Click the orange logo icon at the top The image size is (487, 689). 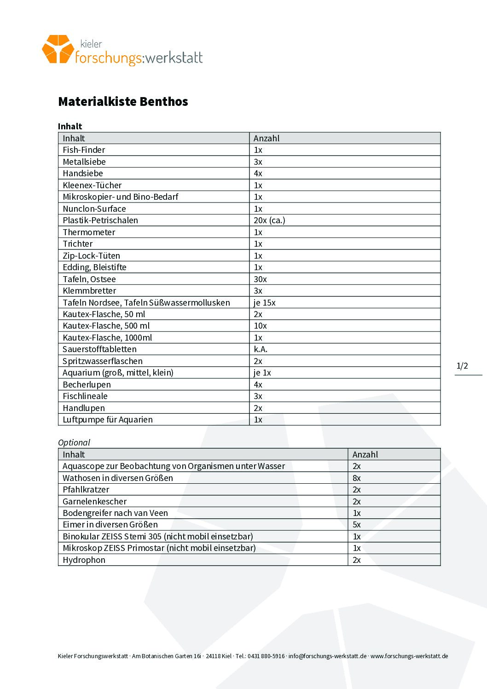(58, 49)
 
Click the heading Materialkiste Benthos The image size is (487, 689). (123, 101)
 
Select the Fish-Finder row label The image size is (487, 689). (84, 150)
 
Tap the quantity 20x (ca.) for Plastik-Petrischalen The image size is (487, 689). (269, 220)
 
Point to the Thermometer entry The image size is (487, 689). (89, 232)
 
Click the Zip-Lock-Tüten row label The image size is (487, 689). (91, 256)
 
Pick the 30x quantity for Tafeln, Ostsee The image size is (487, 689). (260, 279)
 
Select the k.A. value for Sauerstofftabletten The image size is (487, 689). (261, 349)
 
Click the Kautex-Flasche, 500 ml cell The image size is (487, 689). (106, 326)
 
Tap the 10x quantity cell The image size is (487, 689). (260, 326)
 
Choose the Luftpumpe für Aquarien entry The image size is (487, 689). (107, 420)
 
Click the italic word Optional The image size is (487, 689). (74, 442)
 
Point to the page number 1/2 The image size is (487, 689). (462, 366)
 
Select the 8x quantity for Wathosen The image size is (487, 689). (356, 478)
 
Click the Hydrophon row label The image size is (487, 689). (84, 560)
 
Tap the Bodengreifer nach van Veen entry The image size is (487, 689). (115, 513)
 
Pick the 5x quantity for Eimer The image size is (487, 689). (356, 525)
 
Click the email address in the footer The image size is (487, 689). (327, 656)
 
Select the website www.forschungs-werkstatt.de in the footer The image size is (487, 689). (409, 656)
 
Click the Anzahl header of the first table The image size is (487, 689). (267, 139)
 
